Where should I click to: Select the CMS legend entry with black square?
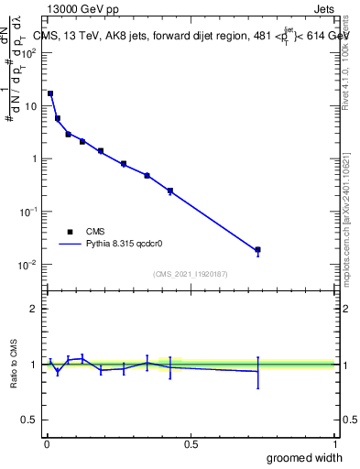point(79,232)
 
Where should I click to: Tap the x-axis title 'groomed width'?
point(304,457)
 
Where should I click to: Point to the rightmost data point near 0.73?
point(258,250)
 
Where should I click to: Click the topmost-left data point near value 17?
point(50,93)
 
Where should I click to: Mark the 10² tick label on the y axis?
point(27,52)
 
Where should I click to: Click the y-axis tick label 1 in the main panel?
point(34,158)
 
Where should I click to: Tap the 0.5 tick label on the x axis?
point(191,444)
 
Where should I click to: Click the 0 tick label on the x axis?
point(46,444)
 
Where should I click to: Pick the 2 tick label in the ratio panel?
point(35,309)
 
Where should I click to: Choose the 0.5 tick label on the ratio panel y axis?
point(29,420)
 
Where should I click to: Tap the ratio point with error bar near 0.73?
point(258,371)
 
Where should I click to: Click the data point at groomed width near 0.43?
point(170,191)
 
